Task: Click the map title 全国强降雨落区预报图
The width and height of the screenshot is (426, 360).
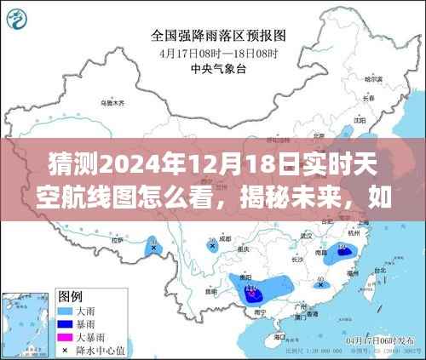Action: tap(218, 36)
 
